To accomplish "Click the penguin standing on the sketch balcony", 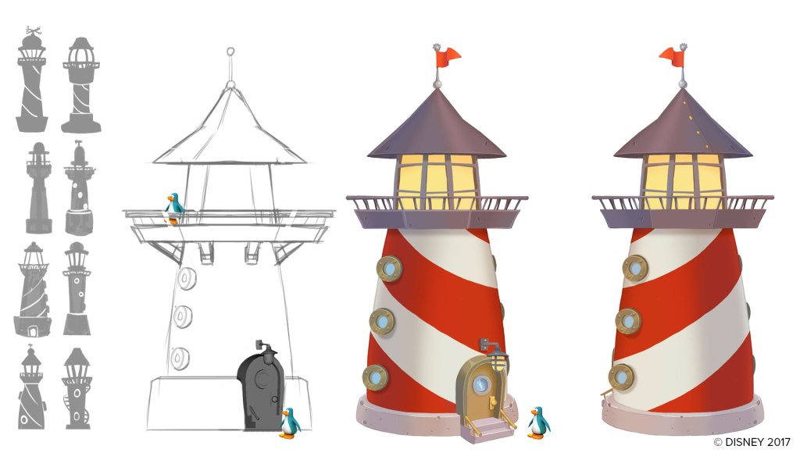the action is tap(174, 208).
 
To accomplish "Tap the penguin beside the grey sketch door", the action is tap(290, 423).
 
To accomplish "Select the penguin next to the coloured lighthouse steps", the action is tap(538, 423).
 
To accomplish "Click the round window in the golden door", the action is tap(481, 384).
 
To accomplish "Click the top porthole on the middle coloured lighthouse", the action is tap(389, 269).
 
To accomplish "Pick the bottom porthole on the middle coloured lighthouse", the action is tap(376, 377).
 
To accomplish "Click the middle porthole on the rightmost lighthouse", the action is tap(628, 321).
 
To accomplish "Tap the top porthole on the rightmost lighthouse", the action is tap(635, 268).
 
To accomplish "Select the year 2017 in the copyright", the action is tap(779, 442).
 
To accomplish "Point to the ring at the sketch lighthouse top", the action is tap(230, 52).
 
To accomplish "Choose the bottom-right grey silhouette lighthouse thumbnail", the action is tap(77, 388).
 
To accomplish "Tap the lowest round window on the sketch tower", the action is tap(180, 358).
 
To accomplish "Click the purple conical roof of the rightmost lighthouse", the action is tap(683, 125).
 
